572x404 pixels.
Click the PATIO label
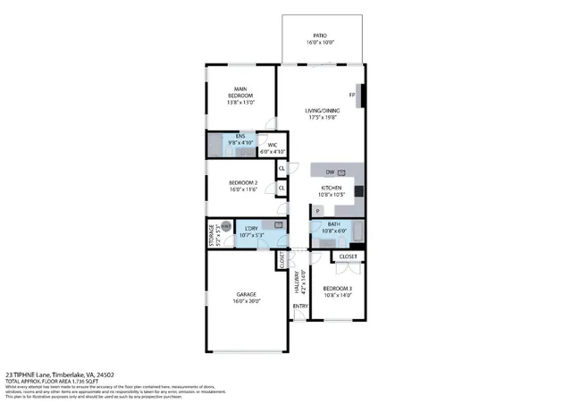click(319, 37)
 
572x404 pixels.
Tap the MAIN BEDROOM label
click(240, 92)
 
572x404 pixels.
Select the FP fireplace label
click(352, 95)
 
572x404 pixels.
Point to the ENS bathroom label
click(240, 138)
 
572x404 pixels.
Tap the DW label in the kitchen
click(330, 172)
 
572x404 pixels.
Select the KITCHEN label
click(332, 188)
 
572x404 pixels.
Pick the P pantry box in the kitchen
click(317, 211)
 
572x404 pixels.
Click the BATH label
click(333, 224)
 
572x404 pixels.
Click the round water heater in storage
click(226, 226)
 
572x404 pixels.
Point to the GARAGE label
click(246, 294)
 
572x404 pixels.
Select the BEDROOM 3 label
click(337, 288)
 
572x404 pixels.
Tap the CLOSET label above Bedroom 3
click(348, 257)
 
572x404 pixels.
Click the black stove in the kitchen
click(358, 190)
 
